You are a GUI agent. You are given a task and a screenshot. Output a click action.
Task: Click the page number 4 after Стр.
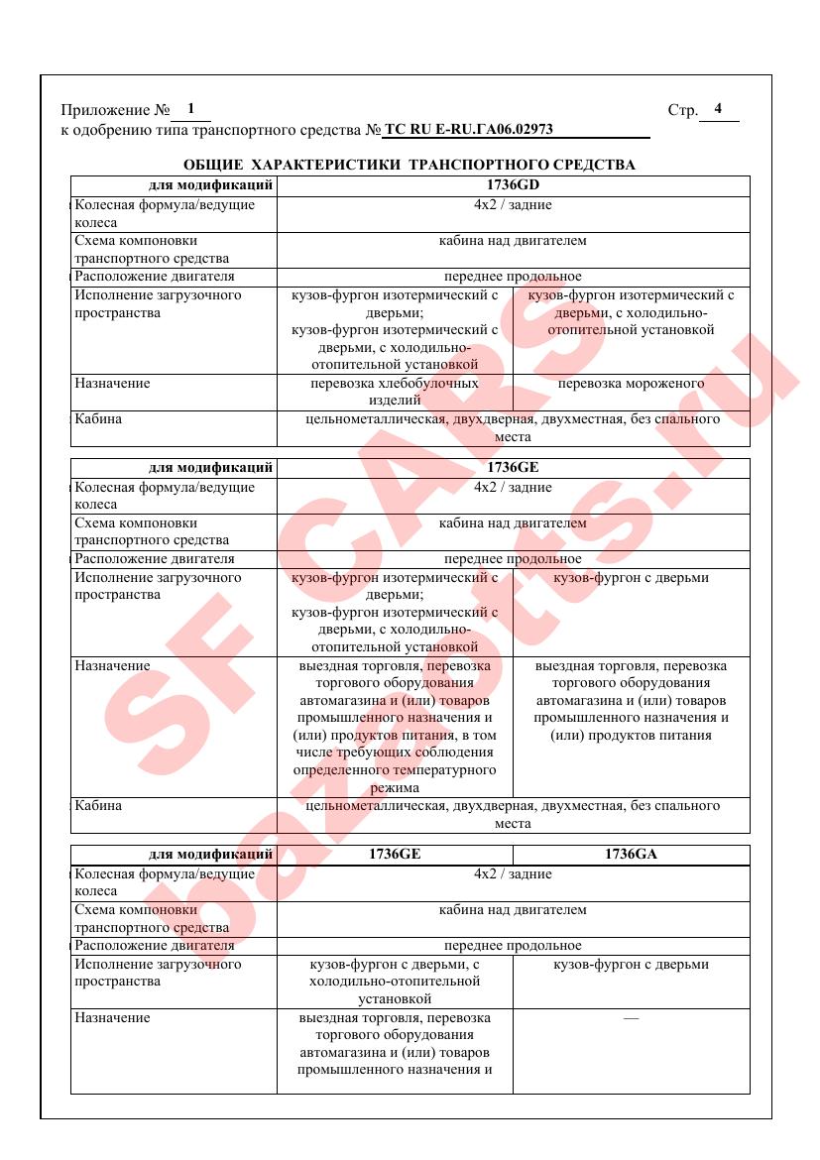click(x=718, y=109)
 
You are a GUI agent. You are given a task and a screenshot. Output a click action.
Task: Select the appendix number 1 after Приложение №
click(x=190, y=109)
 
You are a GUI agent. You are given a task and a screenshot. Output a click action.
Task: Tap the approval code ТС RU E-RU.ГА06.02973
click(x=468, y=129)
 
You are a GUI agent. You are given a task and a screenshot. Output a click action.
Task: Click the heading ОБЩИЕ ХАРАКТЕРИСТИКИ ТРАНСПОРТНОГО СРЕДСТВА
click(x=410, y=165)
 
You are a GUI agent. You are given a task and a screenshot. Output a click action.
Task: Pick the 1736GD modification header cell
click(x=513, y=184)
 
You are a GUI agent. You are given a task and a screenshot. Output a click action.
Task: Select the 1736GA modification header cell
click(x=631, y=854)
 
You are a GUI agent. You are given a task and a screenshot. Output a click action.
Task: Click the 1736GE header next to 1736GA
click(x=395, y=854)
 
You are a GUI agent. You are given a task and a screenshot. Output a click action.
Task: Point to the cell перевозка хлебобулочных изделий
click(x=395, y=392)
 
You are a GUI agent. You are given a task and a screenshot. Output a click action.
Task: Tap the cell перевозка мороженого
click(x=631, y=384)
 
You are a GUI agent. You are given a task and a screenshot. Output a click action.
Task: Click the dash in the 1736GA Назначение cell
click(x=631, y=1018)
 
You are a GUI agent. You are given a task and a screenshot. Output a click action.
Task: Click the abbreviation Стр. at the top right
click(x=683, y=110)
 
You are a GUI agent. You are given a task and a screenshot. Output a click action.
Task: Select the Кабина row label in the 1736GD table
click(x=98, y=419)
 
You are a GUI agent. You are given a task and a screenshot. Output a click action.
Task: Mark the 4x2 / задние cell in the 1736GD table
click(x=513, y=205)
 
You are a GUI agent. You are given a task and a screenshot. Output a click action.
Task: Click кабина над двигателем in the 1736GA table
click(x=513, y=909)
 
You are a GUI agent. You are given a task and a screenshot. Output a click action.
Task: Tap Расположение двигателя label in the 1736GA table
click(x=155, y=946)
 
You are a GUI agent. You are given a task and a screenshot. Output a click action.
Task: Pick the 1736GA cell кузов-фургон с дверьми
click(x=631, y=965)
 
